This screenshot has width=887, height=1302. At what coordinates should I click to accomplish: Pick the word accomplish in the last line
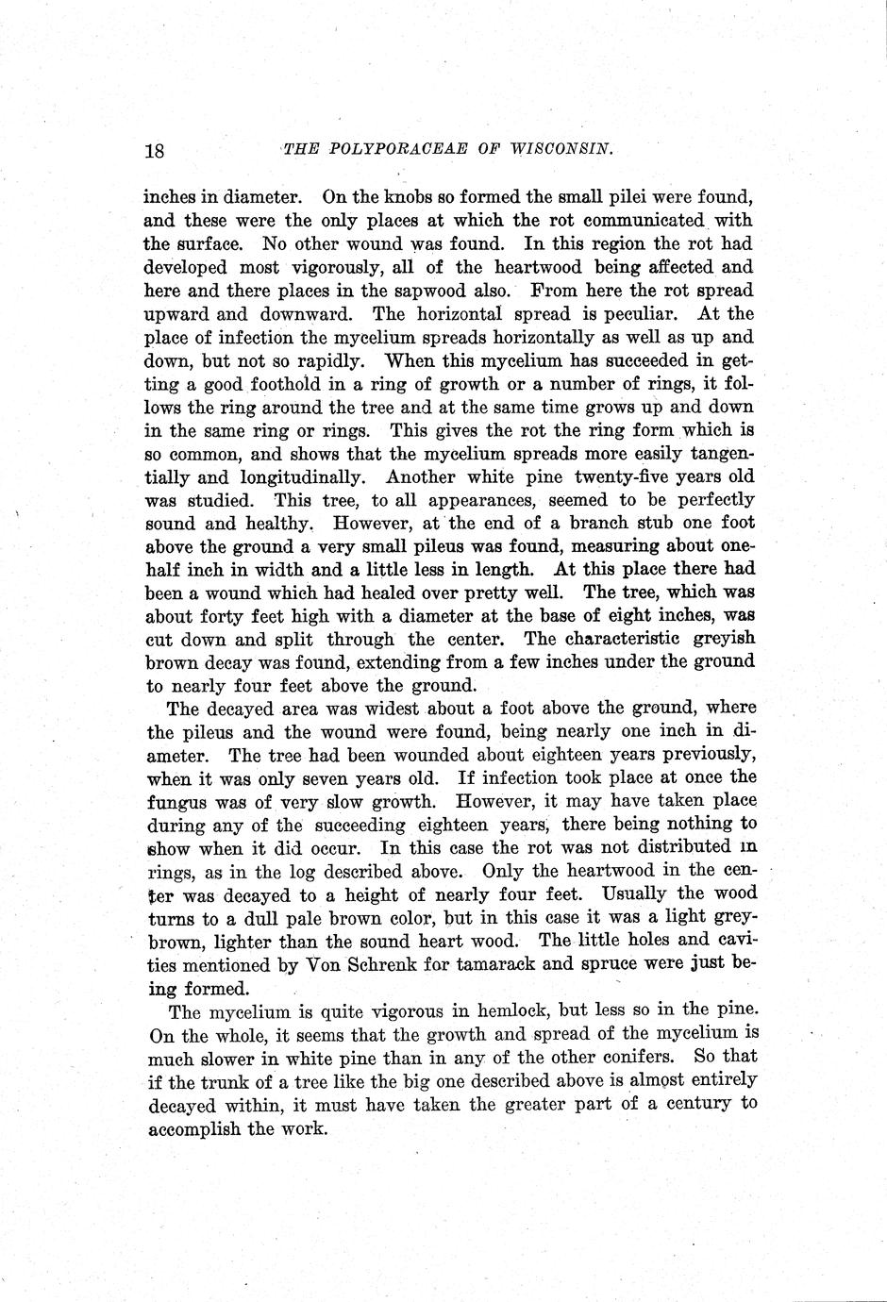[x=194, y=1127]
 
